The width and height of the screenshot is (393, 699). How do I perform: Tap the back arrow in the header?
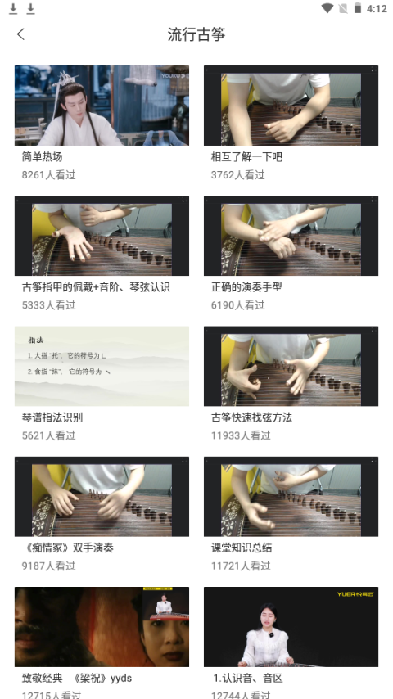tap(20, 34)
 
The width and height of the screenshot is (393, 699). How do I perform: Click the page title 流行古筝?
tap(196, 34)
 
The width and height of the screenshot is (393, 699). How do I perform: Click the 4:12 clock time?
tap(377, 9)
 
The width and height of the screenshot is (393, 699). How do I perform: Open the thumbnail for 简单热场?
tap(102, 106)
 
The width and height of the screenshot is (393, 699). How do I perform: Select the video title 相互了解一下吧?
tap(246, 157)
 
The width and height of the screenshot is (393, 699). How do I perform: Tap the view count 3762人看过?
tap(237, 175)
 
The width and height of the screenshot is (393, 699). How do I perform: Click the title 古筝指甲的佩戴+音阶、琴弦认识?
tap(96, 287)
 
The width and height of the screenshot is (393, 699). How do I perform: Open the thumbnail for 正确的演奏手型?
tap(291, 236)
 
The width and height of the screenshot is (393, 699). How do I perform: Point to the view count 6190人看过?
tap(237, 305)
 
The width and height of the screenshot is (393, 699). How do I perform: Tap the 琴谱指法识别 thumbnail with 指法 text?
tap(102, 366)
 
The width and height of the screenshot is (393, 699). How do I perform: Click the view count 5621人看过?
tap(48, 435)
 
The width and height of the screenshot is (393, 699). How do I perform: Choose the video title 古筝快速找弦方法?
tap(251, 417)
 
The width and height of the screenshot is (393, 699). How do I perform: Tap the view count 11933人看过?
tap(241, 435)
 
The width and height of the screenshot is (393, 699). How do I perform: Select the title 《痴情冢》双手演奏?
tap(67, 548)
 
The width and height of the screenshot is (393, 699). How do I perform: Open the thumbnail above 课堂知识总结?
tap(291, 496)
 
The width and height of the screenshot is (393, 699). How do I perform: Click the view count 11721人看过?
tap(241, 566)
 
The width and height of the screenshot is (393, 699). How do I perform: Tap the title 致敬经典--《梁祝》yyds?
tap(76, 678)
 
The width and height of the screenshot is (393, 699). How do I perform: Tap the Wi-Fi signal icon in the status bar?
tap(327, 9)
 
